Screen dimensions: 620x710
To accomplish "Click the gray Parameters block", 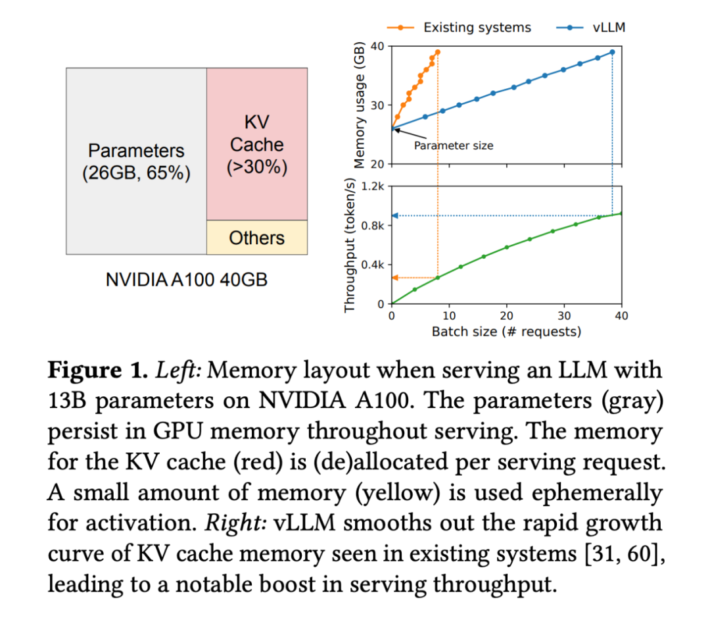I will (x=136, y=161).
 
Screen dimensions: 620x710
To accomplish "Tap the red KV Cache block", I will (x=256, y=144).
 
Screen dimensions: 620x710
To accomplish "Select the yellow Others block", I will (x=256, y=238).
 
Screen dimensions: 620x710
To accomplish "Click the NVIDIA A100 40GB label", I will (x=187, y=279).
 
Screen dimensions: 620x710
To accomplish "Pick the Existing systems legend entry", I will (x=460, y=28).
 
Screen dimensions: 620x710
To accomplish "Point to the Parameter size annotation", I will (x=453, y=145).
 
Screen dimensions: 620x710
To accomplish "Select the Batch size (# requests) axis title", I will (x=506, y=332).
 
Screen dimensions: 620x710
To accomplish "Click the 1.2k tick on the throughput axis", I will (x=377, y=186).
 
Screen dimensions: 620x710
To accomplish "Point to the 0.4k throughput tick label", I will (x=377, y=265).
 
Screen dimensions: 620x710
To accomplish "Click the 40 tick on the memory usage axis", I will (x=377, y=46).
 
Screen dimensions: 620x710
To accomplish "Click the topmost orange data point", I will (x=437, y=52).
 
